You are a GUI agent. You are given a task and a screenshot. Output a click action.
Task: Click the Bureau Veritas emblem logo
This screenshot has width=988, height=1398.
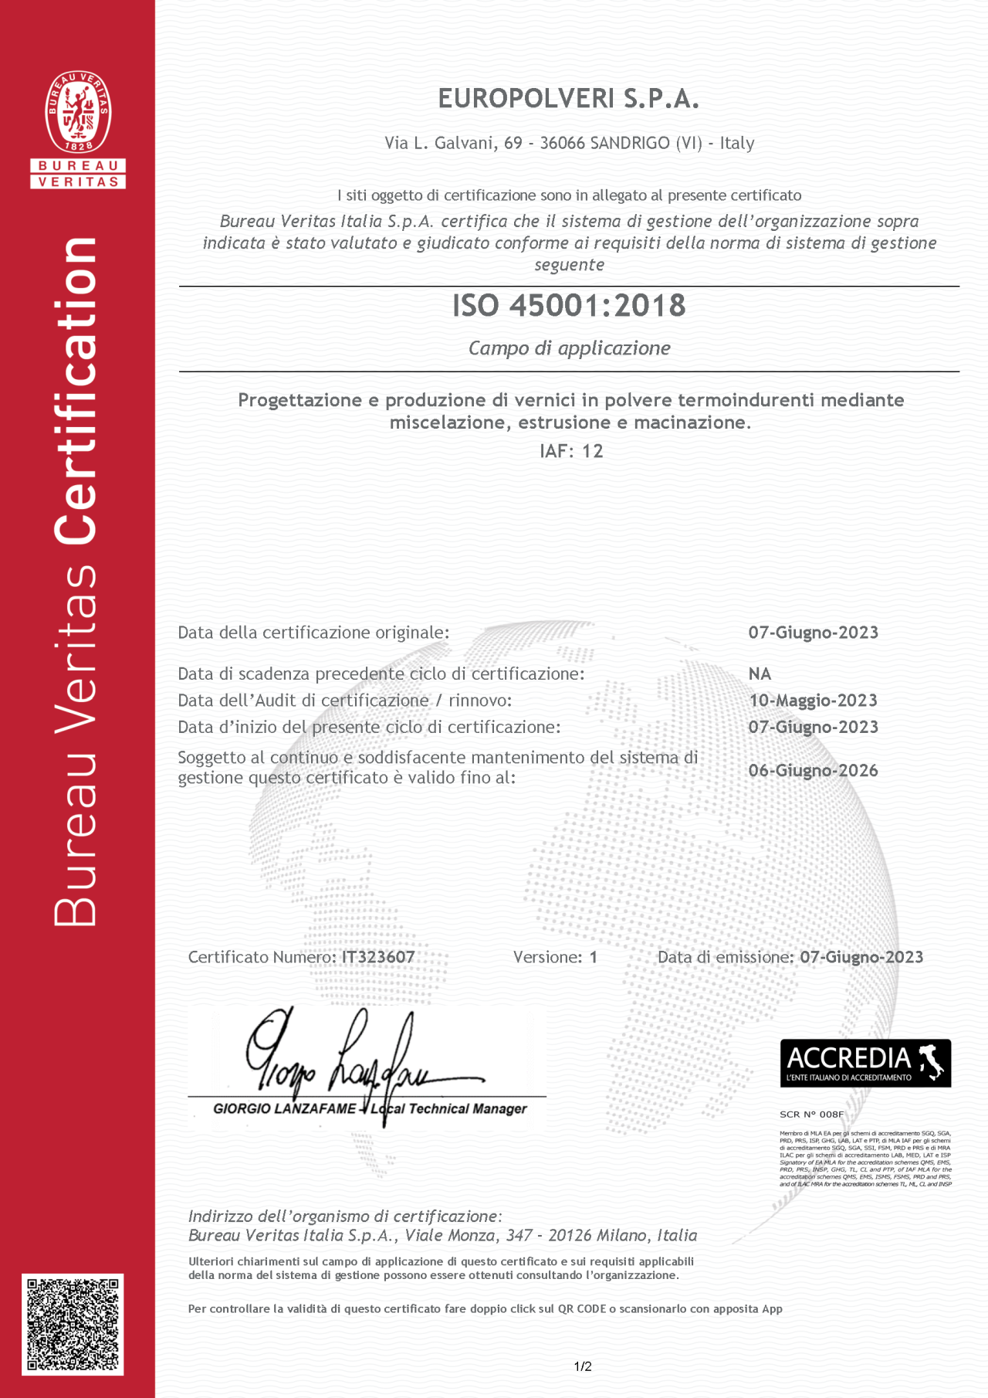coord(78,112)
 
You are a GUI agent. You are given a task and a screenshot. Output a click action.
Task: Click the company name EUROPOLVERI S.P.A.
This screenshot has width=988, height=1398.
coord(568,99)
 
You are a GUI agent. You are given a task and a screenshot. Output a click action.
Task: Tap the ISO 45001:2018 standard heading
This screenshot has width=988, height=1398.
coord(569,306)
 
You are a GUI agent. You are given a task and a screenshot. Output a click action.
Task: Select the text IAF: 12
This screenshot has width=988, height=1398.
coord(571,451)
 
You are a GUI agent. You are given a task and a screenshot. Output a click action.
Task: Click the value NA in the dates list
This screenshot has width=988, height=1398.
coord(760,674)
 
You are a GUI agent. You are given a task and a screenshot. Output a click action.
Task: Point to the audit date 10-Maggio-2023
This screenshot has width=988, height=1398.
coord(813,701)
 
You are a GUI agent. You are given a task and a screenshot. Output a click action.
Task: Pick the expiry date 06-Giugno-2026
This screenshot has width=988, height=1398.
coord(813,770)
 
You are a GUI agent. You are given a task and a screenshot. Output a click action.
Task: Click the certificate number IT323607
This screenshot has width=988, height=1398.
coord(378,957)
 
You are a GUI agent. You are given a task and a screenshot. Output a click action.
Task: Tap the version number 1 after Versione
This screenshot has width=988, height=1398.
coord(593,957)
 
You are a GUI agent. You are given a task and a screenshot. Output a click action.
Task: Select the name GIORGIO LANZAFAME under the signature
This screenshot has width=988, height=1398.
coord(284,1109)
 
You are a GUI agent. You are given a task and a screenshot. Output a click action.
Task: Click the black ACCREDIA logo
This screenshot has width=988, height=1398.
coord(865,1064)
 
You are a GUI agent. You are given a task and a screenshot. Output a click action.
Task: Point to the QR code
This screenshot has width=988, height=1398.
coord(73,1325)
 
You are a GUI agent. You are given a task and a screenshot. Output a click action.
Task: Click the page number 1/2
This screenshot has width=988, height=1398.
coord(583,1366)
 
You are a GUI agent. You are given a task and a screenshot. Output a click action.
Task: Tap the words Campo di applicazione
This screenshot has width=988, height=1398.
coord(569,348)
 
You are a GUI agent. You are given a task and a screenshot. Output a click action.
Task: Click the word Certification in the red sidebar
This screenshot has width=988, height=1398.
coord(76,390)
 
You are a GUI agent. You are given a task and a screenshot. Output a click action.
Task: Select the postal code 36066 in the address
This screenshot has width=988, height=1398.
coord(562,143)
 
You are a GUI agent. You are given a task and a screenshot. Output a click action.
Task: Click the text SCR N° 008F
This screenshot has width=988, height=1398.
coord(811,1114)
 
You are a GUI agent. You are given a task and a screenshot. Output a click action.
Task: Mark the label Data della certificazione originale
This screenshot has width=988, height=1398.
coord(313,633)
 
